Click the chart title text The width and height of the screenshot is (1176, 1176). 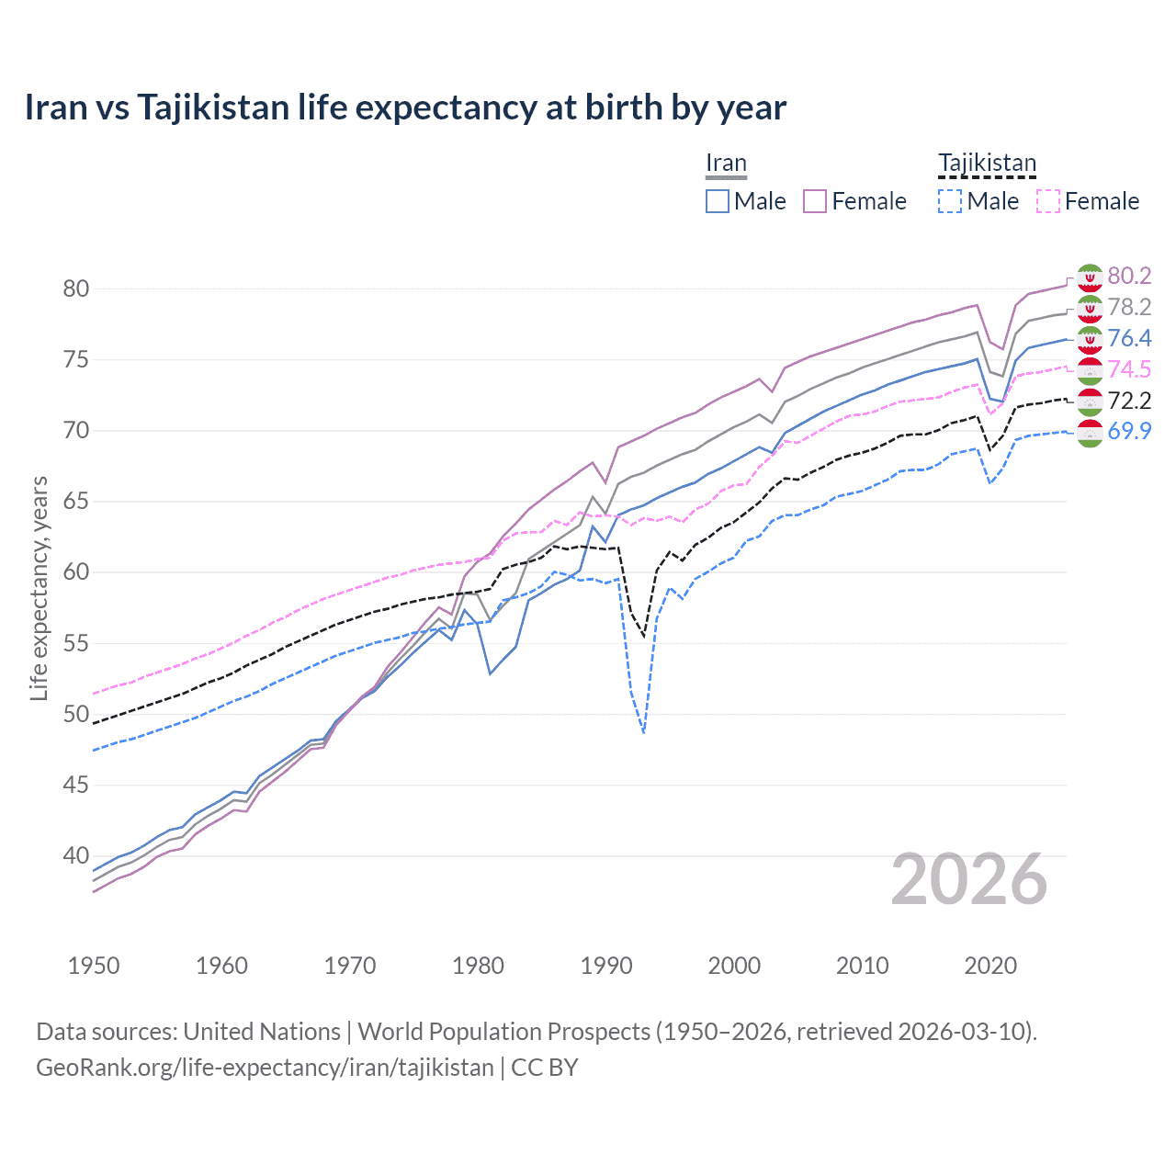[405, 107]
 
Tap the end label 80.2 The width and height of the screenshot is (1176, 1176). [1129, 276]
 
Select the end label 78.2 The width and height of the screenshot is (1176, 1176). [1129, 307]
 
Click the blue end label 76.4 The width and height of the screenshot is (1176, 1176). [1129, 338]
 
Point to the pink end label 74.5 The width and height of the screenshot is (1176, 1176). [1129, 369]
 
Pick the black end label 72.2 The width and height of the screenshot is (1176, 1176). [1129, 401]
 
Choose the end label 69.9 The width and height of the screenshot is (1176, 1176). [1129, 431]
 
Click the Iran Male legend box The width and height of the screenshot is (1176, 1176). [718, 201]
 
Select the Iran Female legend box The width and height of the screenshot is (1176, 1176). [815, 201]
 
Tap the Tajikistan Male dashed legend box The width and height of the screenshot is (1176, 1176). [950, 201]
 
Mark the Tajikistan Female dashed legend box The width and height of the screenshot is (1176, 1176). [1048, 201]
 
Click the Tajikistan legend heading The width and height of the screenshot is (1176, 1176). [987, 164]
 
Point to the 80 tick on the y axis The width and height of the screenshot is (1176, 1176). [76, 288]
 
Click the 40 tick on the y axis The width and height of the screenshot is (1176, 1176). [76, 855]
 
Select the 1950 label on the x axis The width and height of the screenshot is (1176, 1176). [94, 966]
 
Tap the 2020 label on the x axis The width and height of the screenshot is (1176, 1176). [990, 966]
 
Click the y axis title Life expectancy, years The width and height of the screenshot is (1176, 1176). [39, 588]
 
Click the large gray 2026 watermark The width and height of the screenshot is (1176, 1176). [969, 879]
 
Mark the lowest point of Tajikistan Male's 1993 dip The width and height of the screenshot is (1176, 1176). [644, 732]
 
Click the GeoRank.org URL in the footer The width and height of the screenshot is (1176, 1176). [265, 1067]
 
